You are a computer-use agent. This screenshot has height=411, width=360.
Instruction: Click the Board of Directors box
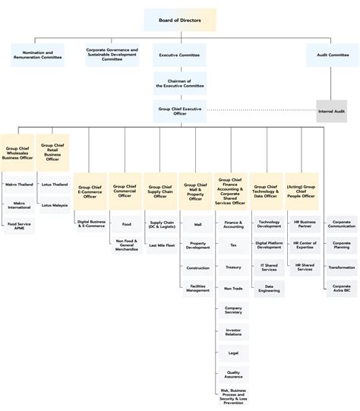pos(179,19)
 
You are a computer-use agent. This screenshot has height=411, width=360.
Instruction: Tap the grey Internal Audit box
pos(331,111)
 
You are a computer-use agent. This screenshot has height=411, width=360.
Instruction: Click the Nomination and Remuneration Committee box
pos(38,55)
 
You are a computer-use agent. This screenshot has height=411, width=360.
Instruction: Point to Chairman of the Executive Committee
pos(179,83)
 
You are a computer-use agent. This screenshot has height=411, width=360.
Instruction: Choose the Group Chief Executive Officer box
pos(179,111)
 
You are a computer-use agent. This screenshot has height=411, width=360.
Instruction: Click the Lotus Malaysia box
pos(55,205)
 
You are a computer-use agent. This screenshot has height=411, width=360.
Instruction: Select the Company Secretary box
pos(233,310)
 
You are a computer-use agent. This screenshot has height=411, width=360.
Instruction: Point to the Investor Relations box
pos(233,331)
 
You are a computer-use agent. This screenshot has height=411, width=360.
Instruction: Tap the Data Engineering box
pos(268,288)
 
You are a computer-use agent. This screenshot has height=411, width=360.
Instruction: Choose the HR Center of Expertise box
pos(304,245)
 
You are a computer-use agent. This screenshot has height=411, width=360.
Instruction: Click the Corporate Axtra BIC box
pos(341,288)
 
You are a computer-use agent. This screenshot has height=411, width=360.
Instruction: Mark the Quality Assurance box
pos(233,374)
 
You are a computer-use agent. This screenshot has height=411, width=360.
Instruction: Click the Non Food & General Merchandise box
pos(127,246)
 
